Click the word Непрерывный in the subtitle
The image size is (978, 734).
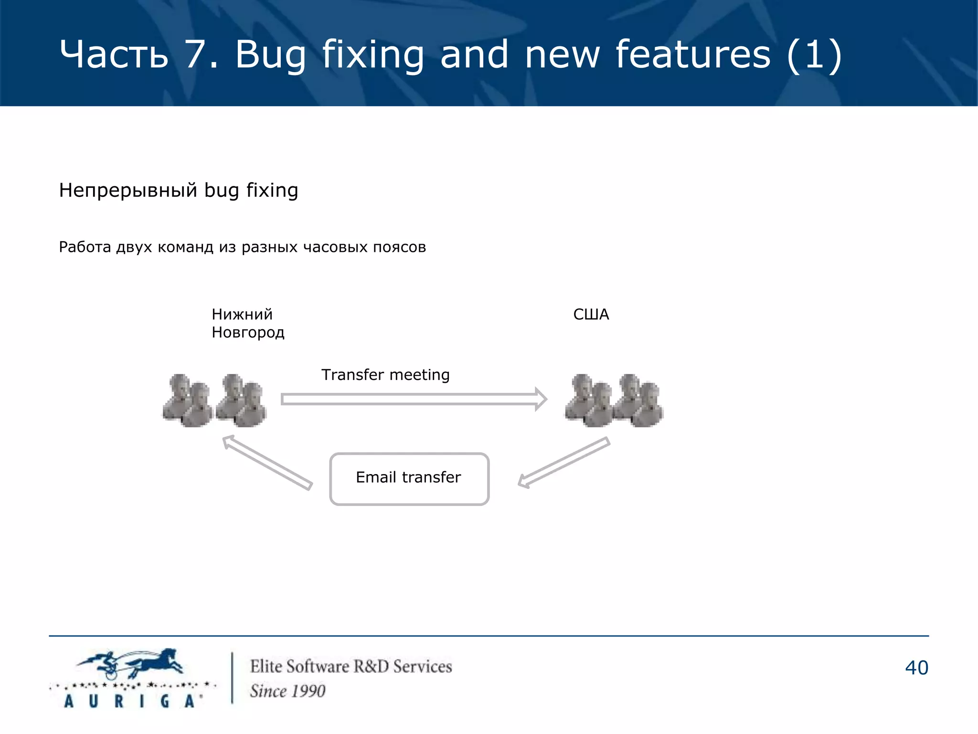pyautogui.click(x=128, y=190)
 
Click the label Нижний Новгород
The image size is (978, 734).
pyautogui.click(x=247, y=324)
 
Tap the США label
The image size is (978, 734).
pyautogui.click(x=591, y=314)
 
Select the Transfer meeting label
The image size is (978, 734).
pyautogui.click(x=385, y=375)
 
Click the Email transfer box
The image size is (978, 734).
pyautogui.click(x=409, y=478)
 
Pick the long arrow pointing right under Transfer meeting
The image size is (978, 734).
pyautogui.click(x=414, y=399)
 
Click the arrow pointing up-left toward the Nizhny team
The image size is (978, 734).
pyautogui.click(x=267, y=462)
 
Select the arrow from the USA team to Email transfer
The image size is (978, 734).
pyautogui.click(x=564, y=463)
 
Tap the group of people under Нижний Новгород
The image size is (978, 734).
pyautogui.click(x=214, y=400)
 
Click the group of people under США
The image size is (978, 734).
pyautogui.click(x=614, y=400)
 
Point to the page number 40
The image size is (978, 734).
pyautogui.click(x=916, y=668)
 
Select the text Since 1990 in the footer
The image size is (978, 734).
pyautogui.click(x=287, y=691)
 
